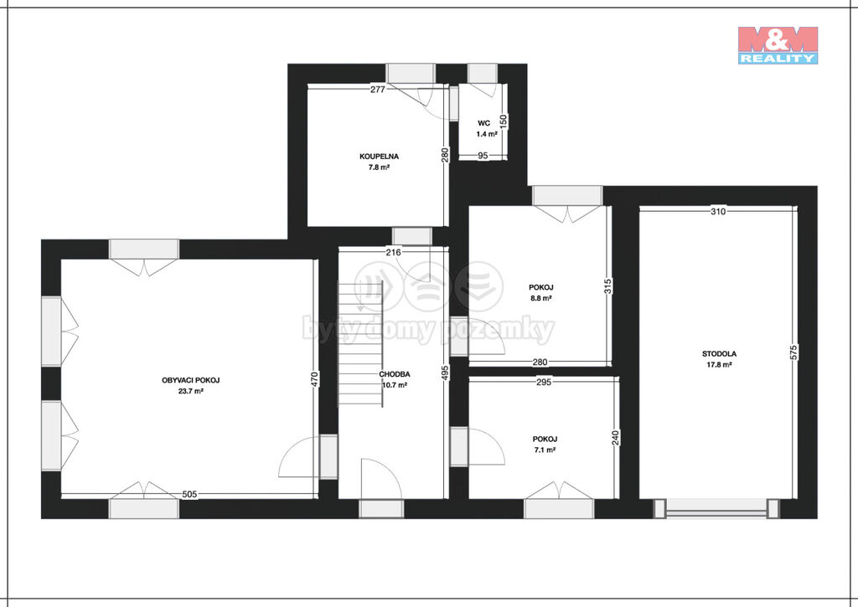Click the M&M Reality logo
coord(778,45)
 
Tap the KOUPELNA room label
coord(379,157)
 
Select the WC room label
coord(483,123)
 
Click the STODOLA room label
coord(719,354)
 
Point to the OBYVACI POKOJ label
coord(190,380)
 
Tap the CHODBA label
coord(395,374)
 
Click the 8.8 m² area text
coord(540,298)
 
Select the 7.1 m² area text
coord(545,450)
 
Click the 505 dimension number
coord(189,494)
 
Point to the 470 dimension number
coord(314,379)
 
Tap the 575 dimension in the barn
coord(794,352)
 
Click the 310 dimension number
coord(718,211)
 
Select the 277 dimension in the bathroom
coord(378,89)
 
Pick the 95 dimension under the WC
coord(483,156)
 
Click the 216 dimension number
coord(394,252)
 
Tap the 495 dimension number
coord(445,373)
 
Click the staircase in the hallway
coord(360,343)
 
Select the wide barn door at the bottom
coord(717,508)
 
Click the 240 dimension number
coord(616,438)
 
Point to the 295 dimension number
coord(543,383)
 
